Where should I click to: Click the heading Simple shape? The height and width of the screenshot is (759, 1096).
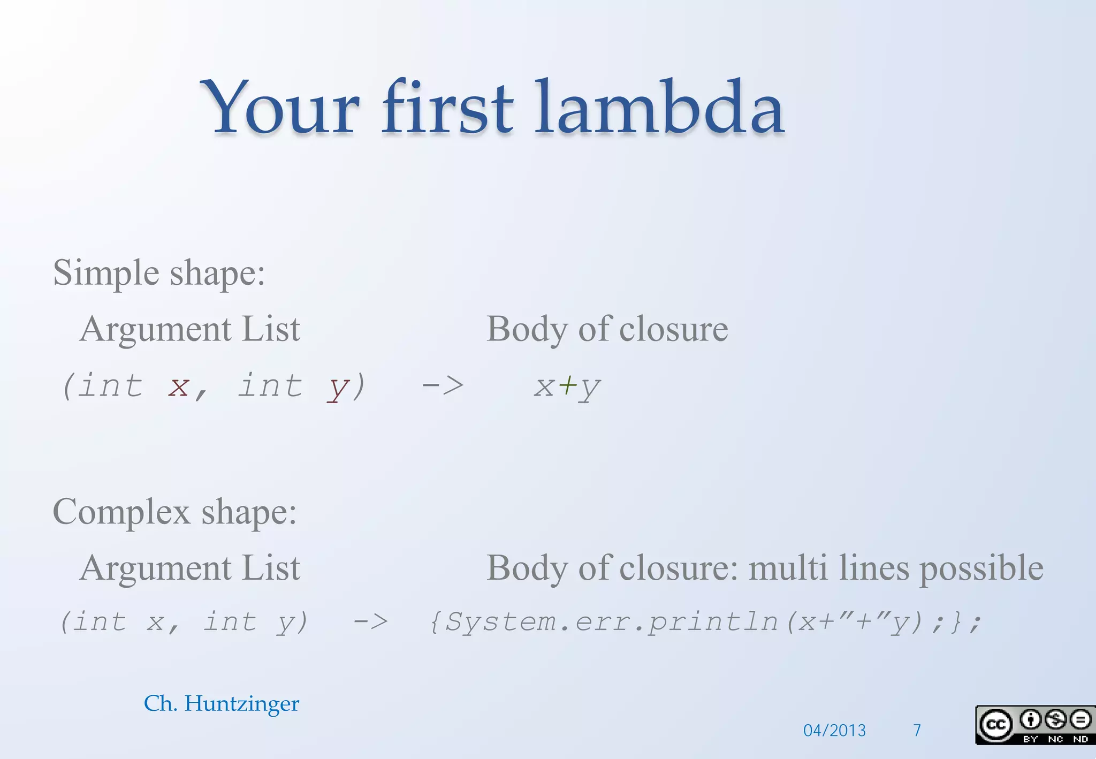[x=159, y=274]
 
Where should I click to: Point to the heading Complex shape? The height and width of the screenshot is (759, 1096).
[x=174, y=512]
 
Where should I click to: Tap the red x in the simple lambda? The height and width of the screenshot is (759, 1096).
[x=178, y=386]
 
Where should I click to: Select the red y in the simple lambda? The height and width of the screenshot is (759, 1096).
[x=338, y=388]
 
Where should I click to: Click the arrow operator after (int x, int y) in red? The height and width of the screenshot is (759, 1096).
[x=443, y=385]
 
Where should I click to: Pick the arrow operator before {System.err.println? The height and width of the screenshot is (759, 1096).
[x=370, y=622]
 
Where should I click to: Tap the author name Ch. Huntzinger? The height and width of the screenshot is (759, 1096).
[x=222, y=703]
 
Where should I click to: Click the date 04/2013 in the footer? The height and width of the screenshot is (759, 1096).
[x=834, y=730]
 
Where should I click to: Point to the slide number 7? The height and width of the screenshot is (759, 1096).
[x=917, y=730]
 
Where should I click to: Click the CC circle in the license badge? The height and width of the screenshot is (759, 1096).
[x=995, y=724]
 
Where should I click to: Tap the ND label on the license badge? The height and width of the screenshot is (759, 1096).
[x=1080, y=739]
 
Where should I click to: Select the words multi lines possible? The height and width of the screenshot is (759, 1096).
[x=896, y=568]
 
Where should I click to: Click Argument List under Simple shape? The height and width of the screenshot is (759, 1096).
[x=190, y=329]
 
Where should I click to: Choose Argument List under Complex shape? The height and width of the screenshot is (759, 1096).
[x=190, y=568]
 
